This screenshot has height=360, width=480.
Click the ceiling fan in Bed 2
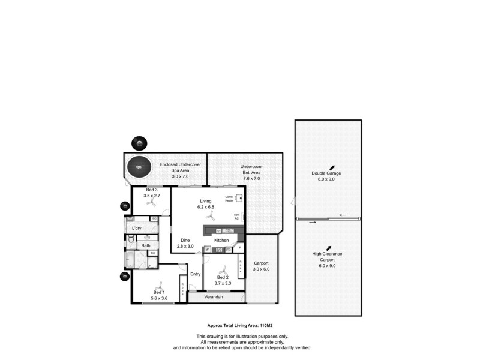coord(224,271)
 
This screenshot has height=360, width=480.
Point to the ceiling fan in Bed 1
coord(158,287)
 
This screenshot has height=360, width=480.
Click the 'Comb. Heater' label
coord(229,199)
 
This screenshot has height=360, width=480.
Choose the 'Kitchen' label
coord(222,241)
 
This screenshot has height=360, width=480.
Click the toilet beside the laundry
coord(130,239)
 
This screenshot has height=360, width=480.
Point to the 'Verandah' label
coord(214,297)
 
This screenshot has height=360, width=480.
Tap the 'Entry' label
coord(195,274)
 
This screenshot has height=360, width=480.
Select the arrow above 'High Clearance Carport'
coord(329,247)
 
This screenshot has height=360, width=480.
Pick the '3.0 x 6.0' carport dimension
coord(262,269)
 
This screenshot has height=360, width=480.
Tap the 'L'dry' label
coord(137,228)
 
